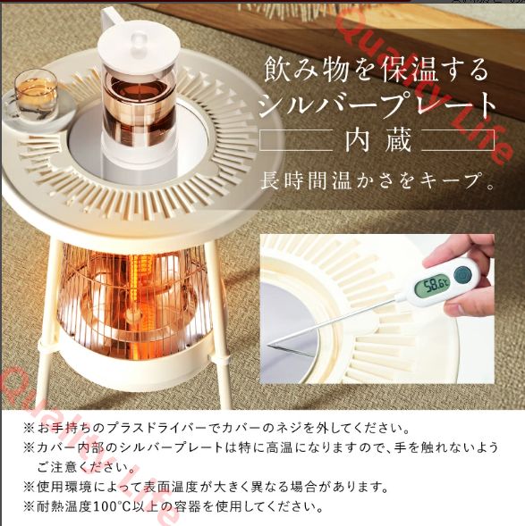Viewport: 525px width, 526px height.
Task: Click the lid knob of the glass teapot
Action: pos(139,35)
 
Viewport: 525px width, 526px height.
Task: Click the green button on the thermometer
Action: pos(463,274)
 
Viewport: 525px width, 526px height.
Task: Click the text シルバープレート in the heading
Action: pos(377,104)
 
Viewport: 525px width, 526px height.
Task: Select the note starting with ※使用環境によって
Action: pos(206,488)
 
